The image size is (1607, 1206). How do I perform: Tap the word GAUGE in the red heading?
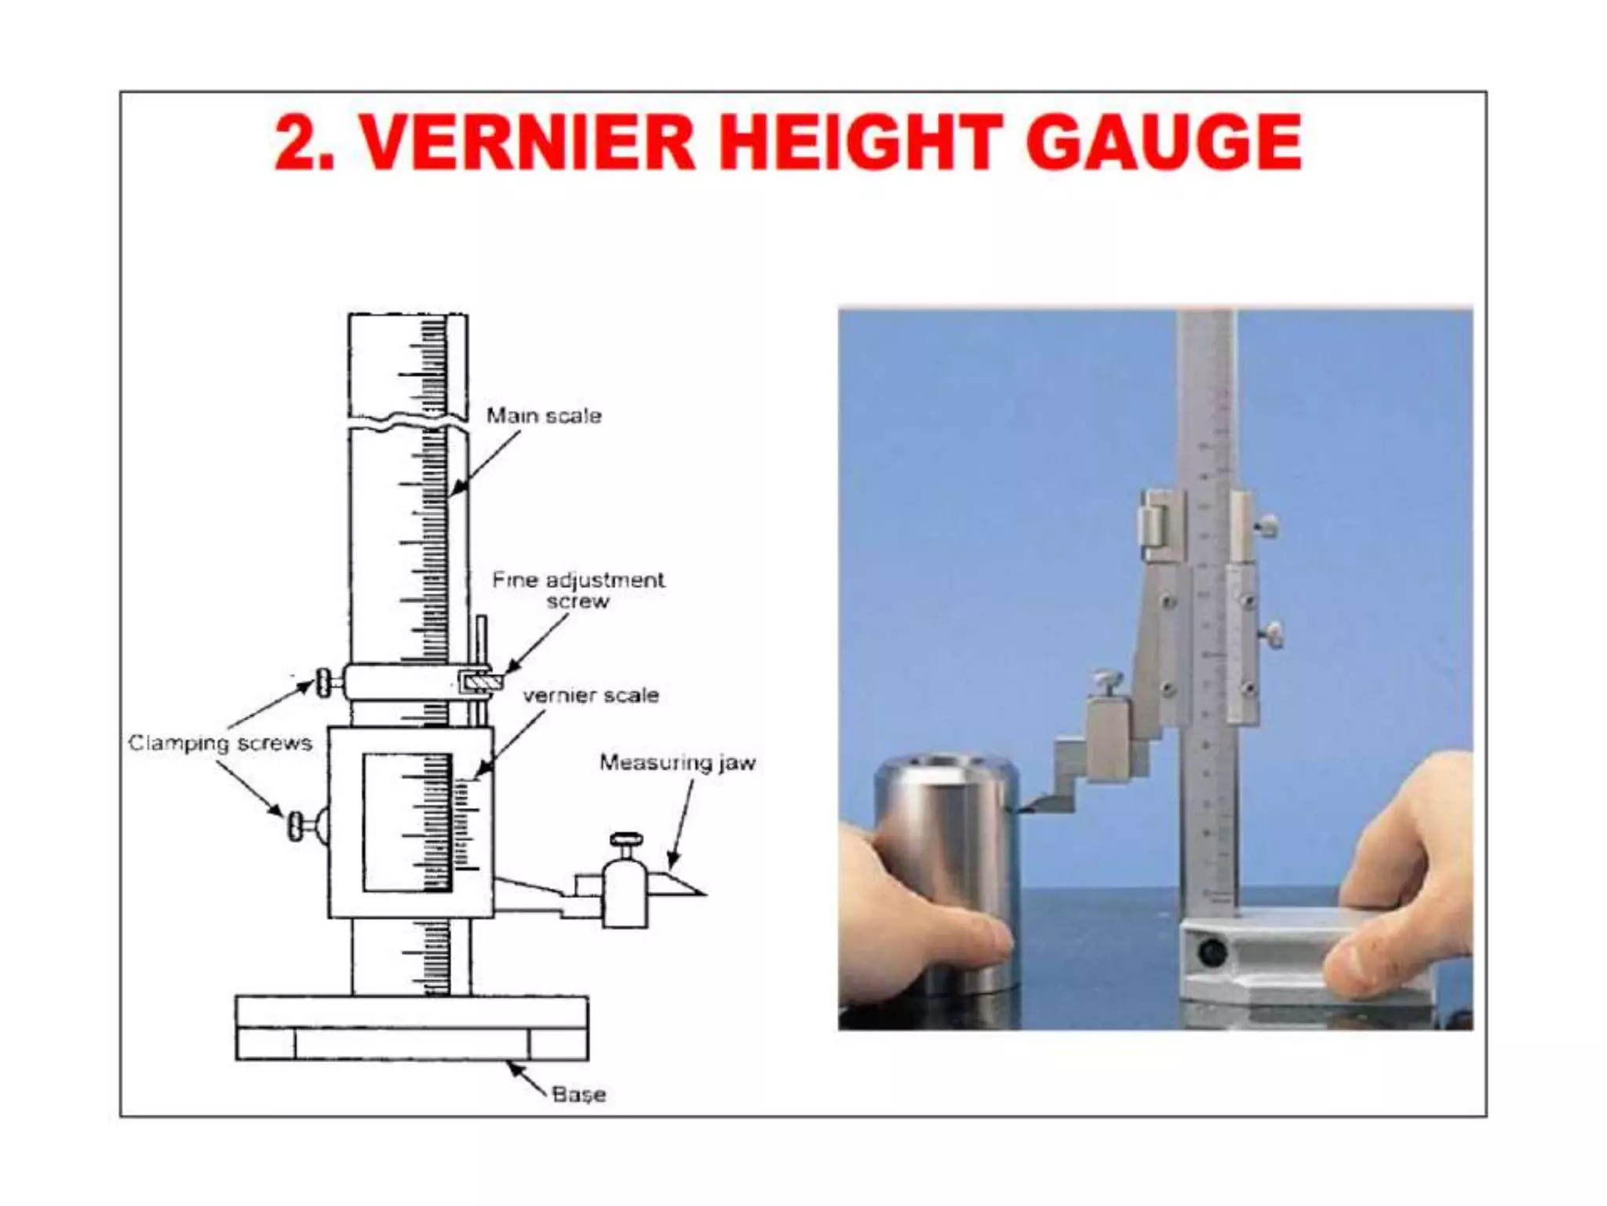click(1164, 143)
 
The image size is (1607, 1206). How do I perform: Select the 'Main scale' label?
click(544, 415)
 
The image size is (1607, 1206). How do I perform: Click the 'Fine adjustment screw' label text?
click(578, 590)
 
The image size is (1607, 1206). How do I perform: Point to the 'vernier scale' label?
click(591, 696)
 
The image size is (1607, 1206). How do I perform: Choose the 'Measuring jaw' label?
click(677, 762)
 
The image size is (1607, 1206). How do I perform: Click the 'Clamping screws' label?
click(220, 743)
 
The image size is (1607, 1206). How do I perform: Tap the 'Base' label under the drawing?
click(578, 1094)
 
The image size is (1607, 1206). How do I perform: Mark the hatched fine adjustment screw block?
click(479, 682)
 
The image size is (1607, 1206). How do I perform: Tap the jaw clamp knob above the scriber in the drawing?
click(625, 841)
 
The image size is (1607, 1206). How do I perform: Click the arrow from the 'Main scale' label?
click(486, 463)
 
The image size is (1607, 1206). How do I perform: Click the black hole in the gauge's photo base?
click(1212, 953)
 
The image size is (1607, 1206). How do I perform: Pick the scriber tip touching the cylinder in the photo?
click(1022, 809)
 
